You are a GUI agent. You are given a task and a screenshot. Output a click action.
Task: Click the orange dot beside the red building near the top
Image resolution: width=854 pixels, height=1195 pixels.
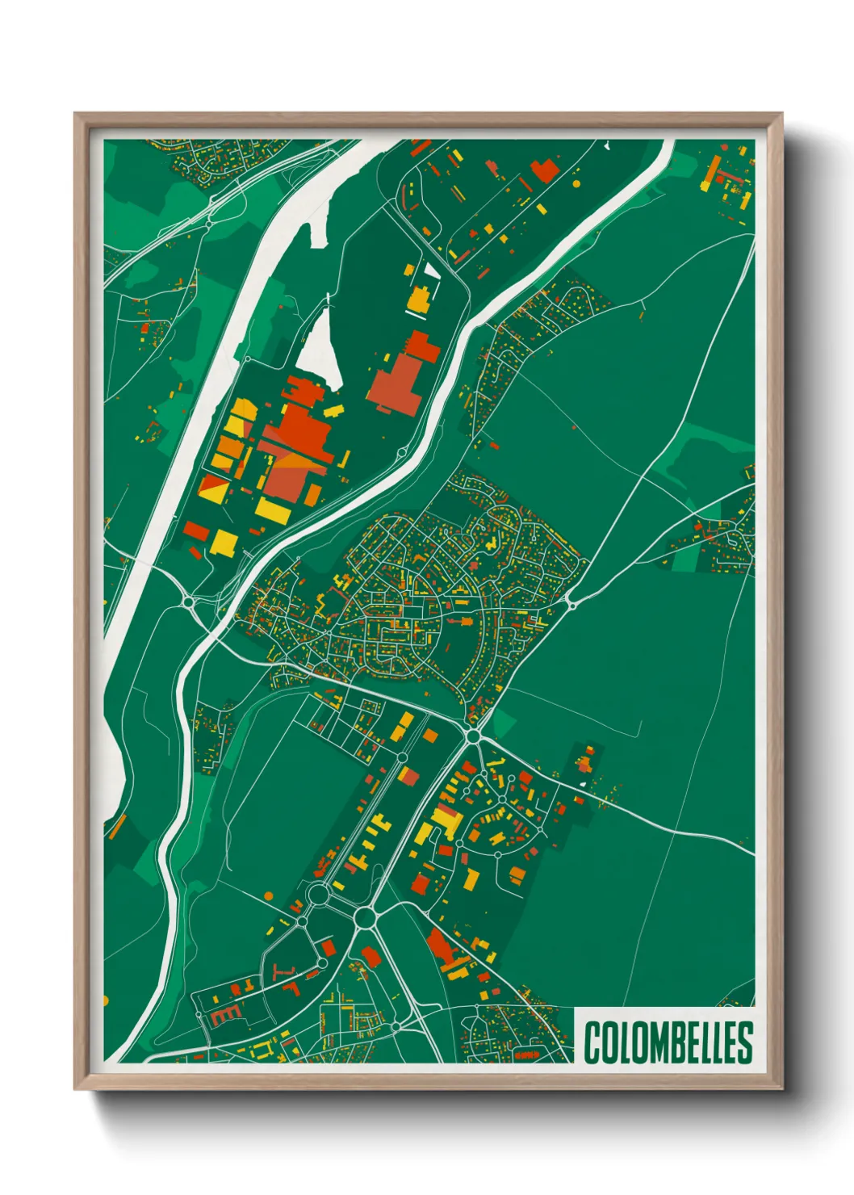pos(576,183)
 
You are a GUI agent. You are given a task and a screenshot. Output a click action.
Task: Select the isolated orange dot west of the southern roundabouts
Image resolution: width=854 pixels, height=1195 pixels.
pos(267,895)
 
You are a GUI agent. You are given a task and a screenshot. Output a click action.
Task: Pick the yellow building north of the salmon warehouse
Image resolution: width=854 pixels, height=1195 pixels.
pos(419,299)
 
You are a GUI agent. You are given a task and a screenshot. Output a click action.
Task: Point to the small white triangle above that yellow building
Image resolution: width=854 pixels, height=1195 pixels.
pos(433,270)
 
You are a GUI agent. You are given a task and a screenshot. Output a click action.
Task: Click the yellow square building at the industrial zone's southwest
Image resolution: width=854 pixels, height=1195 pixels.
pos(224,542)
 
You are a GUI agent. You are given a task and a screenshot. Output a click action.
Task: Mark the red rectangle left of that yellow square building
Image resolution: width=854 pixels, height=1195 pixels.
pos(196,530)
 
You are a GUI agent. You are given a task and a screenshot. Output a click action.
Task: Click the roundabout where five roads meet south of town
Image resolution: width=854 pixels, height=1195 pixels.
pos(473,736)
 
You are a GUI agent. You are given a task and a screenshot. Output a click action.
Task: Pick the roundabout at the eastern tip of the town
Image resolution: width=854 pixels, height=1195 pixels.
pos(571,603)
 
